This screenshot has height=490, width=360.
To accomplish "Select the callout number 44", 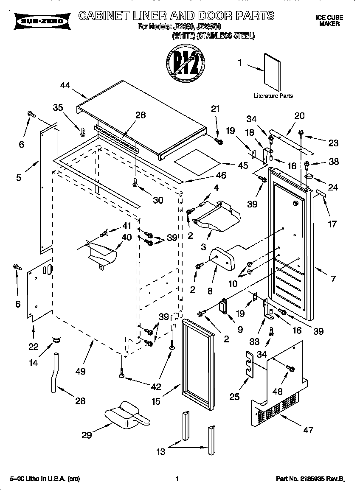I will tap(65, 85).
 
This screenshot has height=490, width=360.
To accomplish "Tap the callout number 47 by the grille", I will tap(308, 430).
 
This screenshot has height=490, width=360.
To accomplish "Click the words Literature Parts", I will tap(273, 96).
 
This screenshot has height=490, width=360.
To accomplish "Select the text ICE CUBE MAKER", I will tap(329, 21).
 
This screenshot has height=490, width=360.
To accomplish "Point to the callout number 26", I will tap(140, 115).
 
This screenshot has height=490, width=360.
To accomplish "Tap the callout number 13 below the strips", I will tap(160, 452).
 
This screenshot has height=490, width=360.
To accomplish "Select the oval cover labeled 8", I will tap(222, 258).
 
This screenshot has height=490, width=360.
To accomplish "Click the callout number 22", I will tap(34, 347).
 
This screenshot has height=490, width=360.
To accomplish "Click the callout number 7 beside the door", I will tap(333, 279).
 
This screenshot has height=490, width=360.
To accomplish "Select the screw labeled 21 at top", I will tap(218, 140).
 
